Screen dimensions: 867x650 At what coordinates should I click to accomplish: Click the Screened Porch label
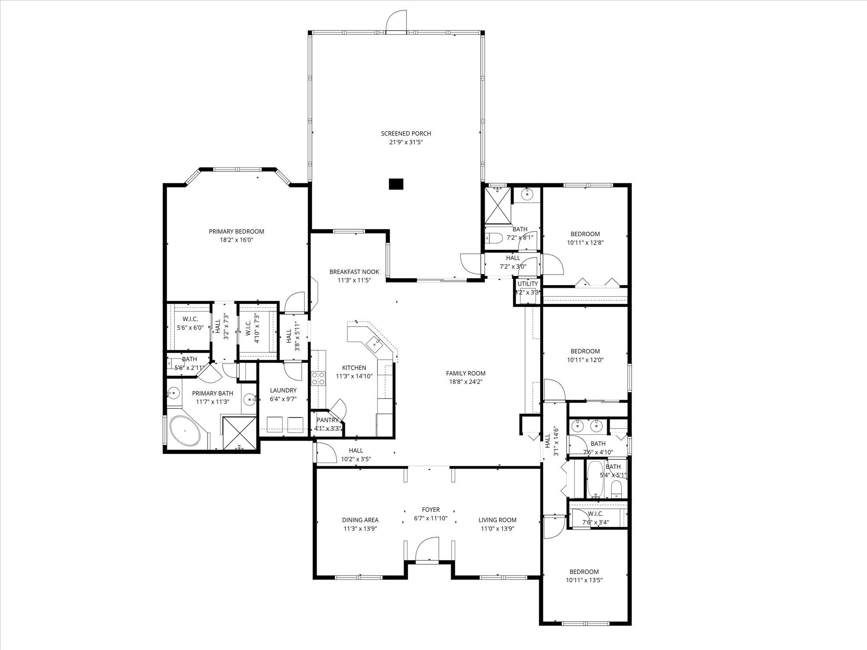coord(406,133)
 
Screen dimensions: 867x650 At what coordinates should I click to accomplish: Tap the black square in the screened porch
coord(396,184)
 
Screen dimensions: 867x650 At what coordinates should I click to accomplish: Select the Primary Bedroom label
coord(236,231)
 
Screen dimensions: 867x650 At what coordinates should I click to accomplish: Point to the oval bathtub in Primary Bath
coord(186,431)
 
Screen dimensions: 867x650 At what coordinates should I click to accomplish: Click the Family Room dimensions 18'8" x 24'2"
coord(466,382)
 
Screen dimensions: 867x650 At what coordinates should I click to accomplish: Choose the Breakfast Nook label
coord(354,272)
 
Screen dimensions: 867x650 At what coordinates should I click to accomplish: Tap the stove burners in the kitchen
coord(319,378)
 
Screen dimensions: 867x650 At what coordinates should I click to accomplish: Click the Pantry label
coord(327,420)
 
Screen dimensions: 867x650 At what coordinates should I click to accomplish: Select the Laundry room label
coord(283,390)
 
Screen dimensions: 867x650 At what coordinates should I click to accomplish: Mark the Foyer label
coord(431,510)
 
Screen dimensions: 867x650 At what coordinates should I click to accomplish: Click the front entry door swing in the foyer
coord(428,549)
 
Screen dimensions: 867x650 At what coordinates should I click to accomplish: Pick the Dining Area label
coord(360,520)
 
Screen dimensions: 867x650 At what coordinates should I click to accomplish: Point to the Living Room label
coord(498,520)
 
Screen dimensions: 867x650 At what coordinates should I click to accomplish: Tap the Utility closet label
coord(528,284)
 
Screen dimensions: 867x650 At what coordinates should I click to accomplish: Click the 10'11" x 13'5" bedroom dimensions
coord(584,580)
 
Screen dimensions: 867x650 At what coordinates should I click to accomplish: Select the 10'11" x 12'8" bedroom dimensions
coord(585,243)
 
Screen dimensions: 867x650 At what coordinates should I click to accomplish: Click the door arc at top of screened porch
coord(397,20)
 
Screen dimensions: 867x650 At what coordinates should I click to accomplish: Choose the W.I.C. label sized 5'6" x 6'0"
coord(190,319)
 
